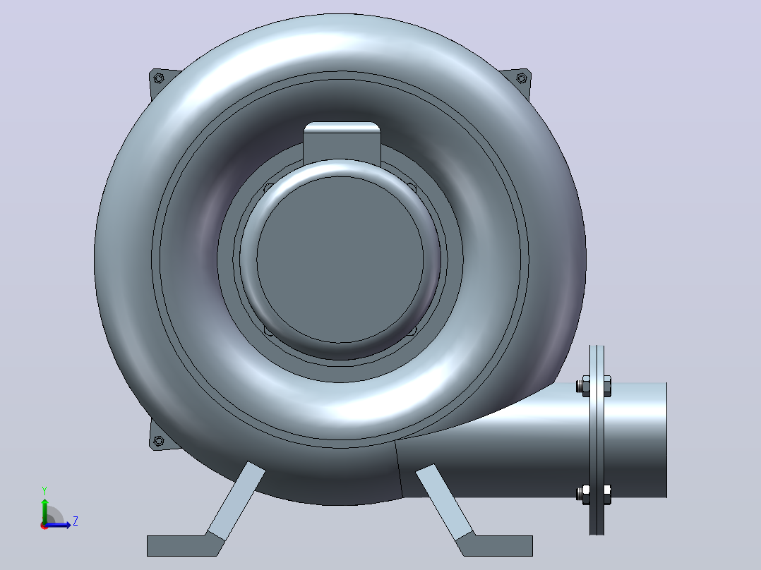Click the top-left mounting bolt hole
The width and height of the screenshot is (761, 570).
point(159,78)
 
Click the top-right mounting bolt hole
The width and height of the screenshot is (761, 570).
point(522,78)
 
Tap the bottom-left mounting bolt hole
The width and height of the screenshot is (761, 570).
point(158,441)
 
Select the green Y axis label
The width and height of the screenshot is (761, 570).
point(44,491)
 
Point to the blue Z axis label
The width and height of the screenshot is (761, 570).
point(76,521)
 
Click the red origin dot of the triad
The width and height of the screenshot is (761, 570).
point(44,526)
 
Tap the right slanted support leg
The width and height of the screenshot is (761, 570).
point(445,502)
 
